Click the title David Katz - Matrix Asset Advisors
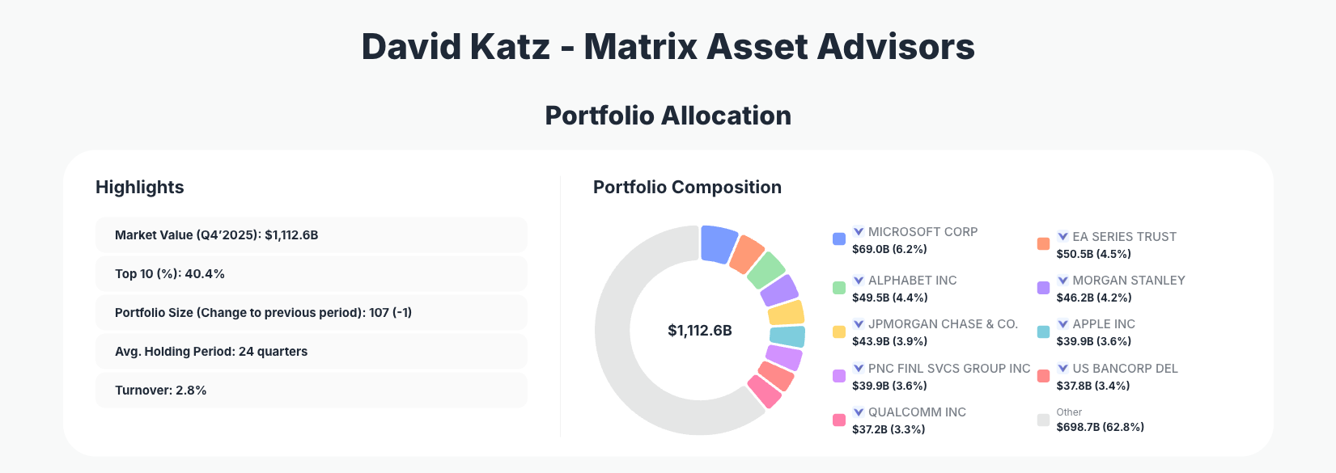[668, 47]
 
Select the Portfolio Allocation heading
[668, 116]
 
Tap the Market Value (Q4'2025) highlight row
[311, 235]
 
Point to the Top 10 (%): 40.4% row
[311, 274]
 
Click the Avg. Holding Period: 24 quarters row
[311, 352]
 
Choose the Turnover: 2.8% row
[311, 391]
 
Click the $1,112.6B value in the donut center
[699, 331]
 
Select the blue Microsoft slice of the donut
[718, 243]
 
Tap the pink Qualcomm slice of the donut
[764, 391]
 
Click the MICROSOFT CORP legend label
[922, 232]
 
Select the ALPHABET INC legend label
[912, 281]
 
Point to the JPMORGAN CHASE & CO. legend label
[943, 324]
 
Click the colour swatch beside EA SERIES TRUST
[1043, 243]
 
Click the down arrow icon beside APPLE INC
[1063, 324]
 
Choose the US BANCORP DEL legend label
[1125, 369]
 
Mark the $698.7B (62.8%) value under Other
[1100, 427]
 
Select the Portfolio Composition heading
[687, 188]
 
